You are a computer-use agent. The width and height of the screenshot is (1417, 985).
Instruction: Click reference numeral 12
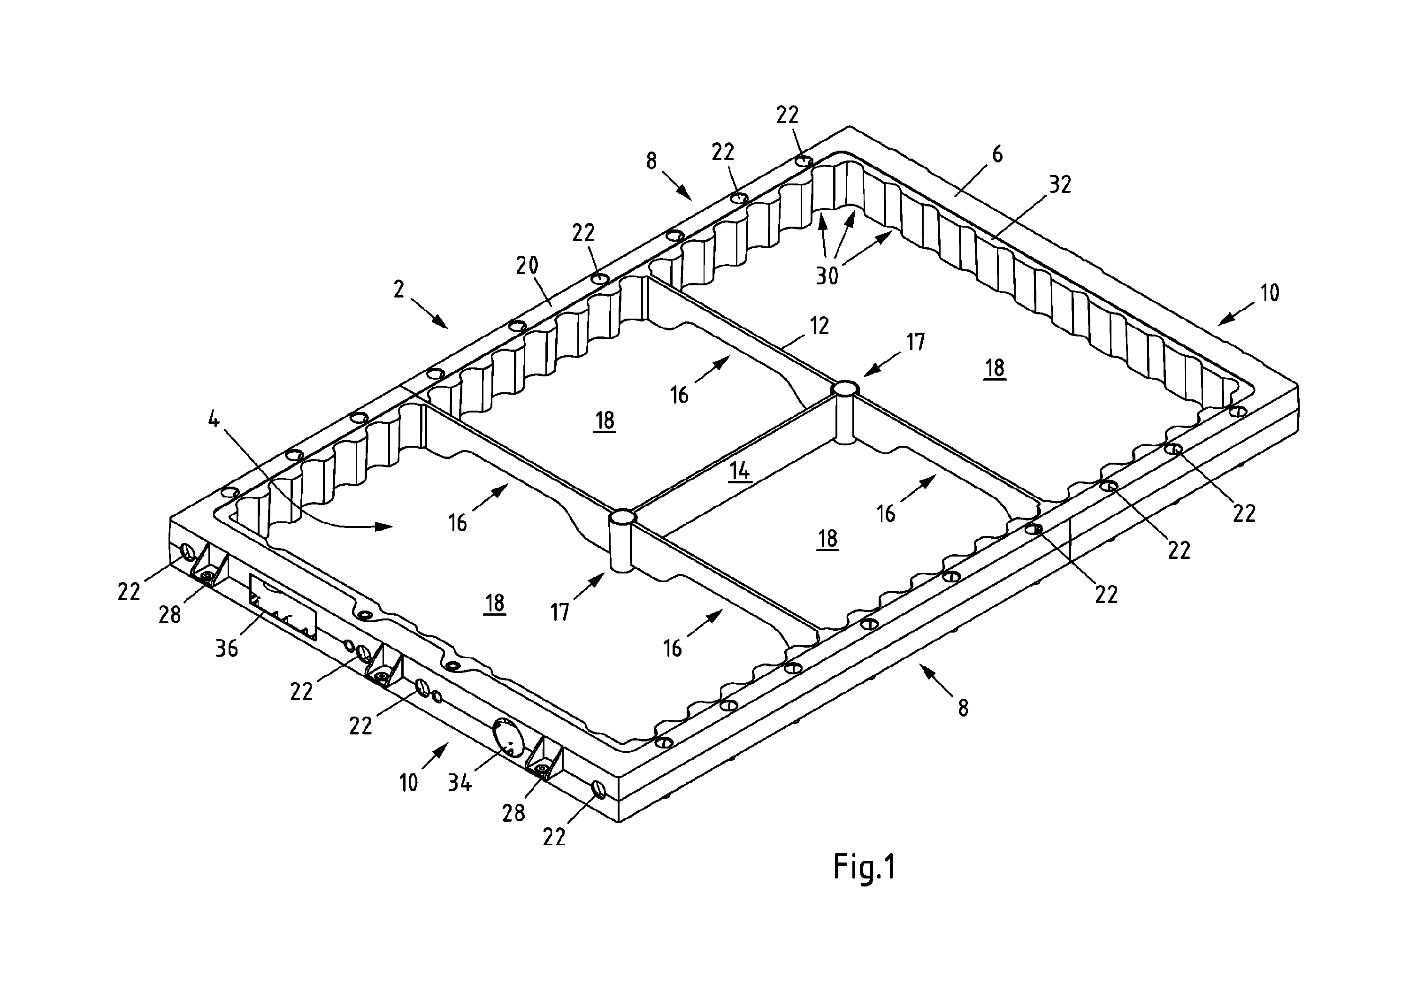point(819,325)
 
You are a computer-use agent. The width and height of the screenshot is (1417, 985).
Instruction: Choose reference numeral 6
point(997,154)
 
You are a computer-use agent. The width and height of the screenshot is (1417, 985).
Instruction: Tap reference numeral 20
point(527,266)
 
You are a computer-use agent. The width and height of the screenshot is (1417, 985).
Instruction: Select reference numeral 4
point(214,421)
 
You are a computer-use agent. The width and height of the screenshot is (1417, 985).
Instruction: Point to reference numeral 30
point(827,276)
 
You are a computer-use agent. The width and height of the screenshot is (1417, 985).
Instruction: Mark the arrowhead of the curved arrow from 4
point(384,527)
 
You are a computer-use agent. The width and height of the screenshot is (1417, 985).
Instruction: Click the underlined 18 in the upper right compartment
point(995,368)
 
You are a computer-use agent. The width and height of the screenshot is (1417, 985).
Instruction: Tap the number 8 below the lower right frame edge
point(963,708)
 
